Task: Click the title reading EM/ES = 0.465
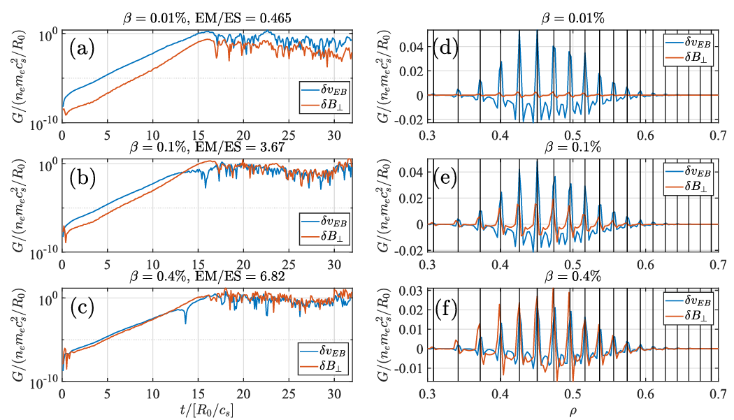[x=208, y=18]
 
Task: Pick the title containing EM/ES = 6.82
[x=208, y=279]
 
